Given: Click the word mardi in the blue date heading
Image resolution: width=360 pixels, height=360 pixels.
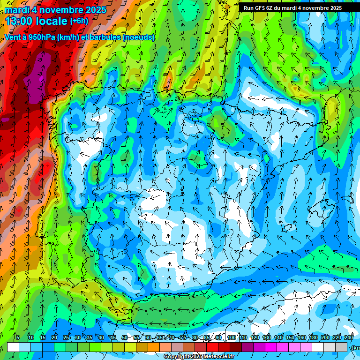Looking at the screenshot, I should point(17,10).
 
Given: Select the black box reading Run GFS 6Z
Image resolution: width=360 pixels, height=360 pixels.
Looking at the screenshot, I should point(292,8).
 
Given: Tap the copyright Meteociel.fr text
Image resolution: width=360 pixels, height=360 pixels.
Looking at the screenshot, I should point(199,357).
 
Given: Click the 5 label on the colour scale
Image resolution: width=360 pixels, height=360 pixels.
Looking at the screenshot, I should point(17,338).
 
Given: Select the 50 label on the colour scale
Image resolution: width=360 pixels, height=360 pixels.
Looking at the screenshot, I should point(124,338).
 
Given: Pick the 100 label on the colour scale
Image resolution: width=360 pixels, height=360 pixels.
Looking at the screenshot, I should point(231,338).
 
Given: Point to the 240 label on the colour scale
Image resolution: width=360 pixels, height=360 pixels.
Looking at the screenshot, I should point(349,338).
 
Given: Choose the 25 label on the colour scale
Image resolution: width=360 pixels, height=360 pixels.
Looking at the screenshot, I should point(66,338).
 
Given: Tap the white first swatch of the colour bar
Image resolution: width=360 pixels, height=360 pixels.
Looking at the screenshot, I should point(13,347).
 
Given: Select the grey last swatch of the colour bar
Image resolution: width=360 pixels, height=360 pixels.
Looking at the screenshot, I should point(341,347).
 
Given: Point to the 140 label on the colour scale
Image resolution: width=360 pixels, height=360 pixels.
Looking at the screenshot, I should point(278,338).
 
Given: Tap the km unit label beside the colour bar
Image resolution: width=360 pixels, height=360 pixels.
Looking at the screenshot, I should point(356,347).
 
